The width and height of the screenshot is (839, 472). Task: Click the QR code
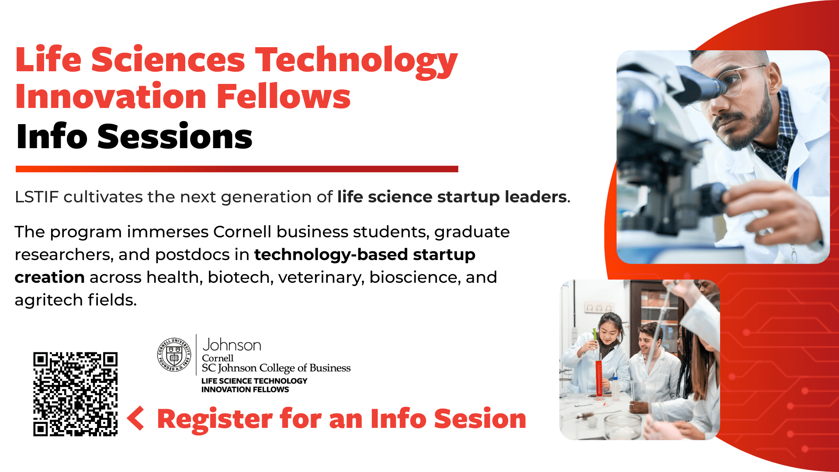point(75,394)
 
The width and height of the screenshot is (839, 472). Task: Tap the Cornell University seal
point(174,354)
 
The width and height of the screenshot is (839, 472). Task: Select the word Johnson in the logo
point(232,345)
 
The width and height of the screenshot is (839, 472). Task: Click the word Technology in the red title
point(356,61)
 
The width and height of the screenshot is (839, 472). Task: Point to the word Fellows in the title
point(284,97)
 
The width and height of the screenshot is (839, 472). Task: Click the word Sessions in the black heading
point(175,136)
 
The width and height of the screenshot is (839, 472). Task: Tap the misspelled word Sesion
point(480,419)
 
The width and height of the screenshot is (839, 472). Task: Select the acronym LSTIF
point(36,197)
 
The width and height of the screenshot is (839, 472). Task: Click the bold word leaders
point(536,197)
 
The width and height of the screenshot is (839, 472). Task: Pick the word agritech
point(49,301)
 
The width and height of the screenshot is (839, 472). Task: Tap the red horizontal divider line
point(237,169)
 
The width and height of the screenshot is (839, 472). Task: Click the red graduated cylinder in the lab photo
point(599,376)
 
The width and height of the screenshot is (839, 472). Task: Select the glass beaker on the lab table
point(622,426)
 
